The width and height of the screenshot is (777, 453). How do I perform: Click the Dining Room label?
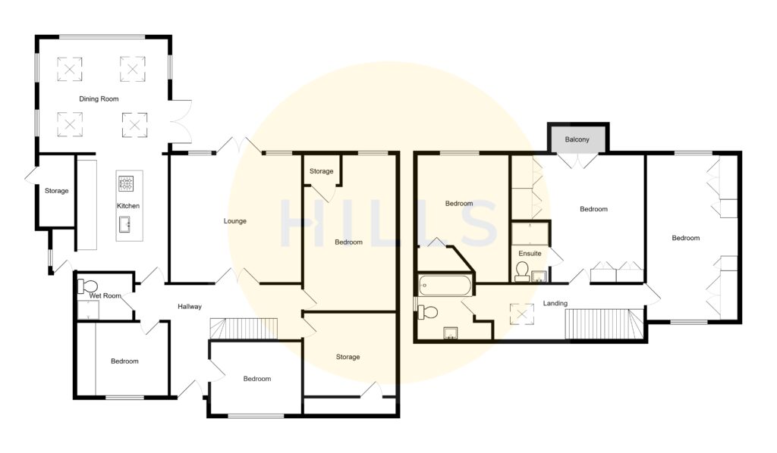tap(99, 99)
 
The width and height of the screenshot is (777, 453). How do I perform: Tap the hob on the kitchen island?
tap(125, 183)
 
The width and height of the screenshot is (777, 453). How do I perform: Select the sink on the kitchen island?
tap(125, 223)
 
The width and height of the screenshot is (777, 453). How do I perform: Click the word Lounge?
tap(234, 221)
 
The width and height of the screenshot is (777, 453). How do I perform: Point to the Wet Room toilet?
tap(88, 286)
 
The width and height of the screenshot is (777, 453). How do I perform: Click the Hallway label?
tap(190, 307)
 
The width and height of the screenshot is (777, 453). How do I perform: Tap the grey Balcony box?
tap(578, 139)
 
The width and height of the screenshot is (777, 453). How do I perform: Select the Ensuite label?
tap(530, 253)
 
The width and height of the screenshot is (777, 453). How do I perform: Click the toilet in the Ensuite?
tap(522, 271)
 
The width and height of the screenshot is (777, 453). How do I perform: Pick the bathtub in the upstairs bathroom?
tap(445, 286)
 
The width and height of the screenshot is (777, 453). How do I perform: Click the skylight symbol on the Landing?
tap(521, 311)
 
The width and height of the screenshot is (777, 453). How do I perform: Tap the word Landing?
tap(555, 303)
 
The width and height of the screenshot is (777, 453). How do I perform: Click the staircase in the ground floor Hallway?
tap(244, 329)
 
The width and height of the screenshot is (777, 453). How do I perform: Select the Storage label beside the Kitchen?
tap(56, 191)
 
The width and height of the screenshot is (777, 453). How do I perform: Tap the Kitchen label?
tap(127, 206)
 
